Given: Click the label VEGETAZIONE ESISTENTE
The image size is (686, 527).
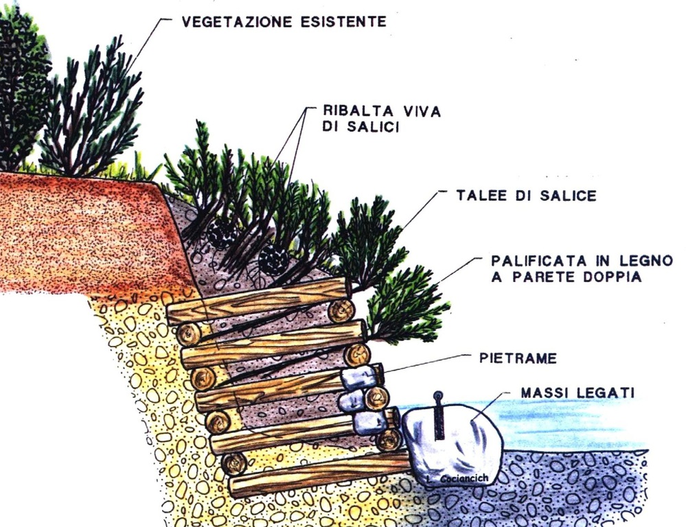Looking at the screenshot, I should pyautogui.click(x=284, y=21).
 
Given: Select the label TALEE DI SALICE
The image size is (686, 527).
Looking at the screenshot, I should pyautogui.click(x=526, y=196).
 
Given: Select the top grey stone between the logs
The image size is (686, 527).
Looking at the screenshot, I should pyautogui.click(x=358, y=377).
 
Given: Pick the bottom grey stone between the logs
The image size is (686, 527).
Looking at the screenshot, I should pyautogui.click(x=369, y=422).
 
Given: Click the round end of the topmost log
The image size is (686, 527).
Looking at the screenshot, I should pyautogui.click(x=341, y=310).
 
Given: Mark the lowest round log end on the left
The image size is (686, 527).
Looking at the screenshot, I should pyautogui.click(x=234, y=464).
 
